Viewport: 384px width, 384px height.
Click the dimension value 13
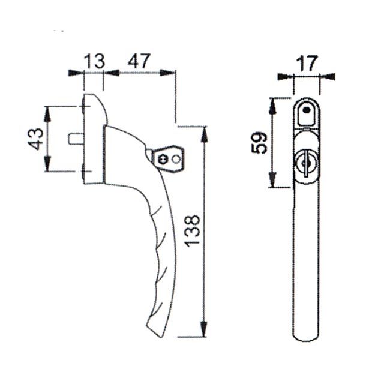(94, 61)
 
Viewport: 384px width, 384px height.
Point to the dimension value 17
(306, 64)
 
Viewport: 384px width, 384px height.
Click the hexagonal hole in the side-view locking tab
(163, 160)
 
